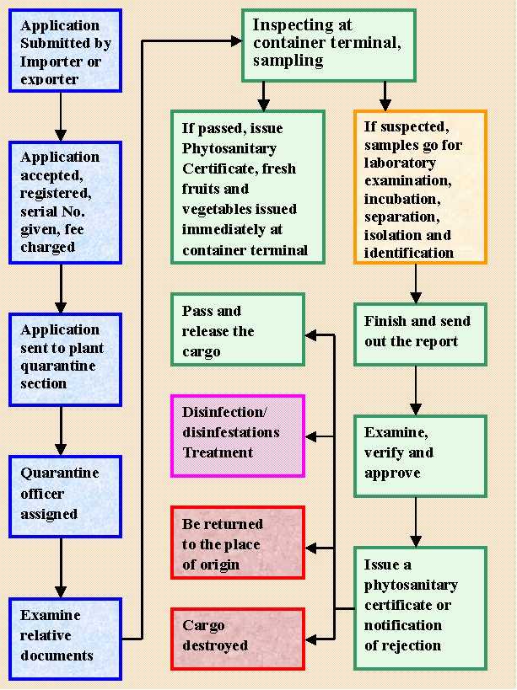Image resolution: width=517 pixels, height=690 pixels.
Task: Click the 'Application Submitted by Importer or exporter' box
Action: pos(66,51)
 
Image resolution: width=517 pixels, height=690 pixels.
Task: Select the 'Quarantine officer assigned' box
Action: pos(66,495)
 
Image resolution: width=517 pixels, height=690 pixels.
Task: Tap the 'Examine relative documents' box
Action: pos(66,638)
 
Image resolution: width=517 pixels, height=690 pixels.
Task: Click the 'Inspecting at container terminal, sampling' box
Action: pos(329,45)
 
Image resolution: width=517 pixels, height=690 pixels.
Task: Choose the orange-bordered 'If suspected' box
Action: pos(420,187)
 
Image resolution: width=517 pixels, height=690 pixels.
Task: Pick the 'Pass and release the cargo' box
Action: pos(237,330)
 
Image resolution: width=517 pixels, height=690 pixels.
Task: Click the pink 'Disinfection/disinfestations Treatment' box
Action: pos(237,436)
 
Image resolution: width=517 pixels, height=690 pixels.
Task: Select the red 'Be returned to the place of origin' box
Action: pos(237,543)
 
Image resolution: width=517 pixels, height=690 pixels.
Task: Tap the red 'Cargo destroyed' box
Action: pos(237,638)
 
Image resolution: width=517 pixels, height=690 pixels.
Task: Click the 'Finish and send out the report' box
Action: pos(420,334)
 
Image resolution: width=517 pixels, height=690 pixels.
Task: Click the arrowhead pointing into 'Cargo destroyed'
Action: pos(310,639)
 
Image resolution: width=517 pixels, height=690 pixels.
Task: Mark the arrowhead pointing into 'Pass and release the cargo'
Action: pos(310,335)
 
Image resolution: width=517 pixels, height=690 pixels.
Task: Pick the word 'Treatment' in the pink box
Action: pos(218,452)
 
